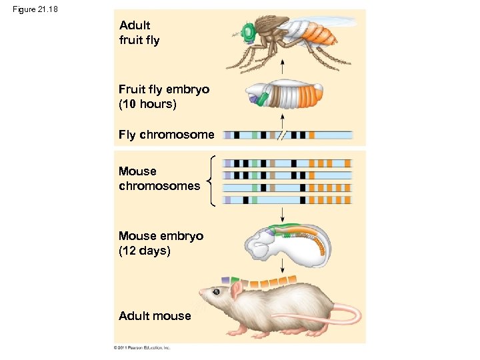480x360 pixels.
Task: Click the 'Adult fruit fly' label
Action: coord(139,33)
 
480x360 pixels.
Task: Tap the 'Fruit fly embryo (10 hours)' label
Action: coord(163,97)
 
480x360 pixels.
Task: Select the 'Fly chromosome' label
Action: coord(166,135)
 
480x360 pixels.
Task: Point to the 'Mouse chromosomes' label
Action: coord(159,179)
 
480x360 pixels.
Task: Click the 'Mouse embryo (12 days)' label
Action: coord(161,243)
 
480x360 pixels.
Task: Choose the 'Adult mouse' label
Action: coord(154,316)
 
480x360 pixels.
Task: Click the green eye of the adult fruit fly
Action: coord(249,31)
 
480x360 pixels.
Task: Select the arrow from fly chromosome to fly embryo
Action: coord(283,121)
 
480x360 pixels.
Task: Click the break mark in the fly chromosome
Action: coord(281,135)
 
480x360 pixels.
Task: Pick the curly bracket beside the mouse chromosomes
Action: coord(211,181)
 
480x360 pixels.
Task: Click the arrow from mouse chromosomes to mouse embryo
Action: coord(283,214)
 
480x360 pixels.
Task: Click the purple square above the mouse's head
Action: coord(225,279)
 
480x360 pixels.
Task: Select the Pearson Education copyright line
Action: coord(142,347)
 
